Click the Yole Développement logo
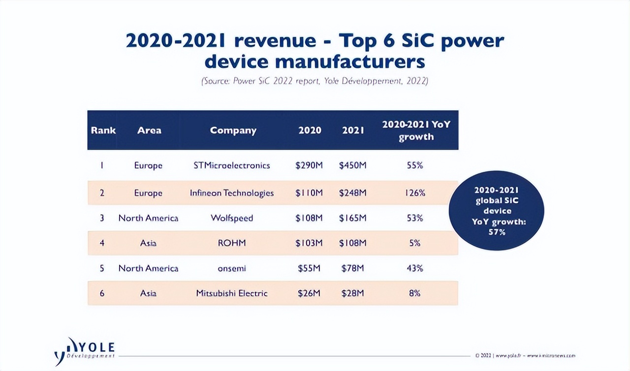pos(85,350)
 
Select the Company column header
pos(233,130)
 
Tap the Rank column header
pos(103,130)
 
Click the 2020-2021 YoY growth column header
pos(416,130)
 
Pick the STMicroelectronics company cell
pos(232,165)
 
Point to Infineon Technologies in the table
pos(232,193)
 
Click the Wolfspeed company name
pos(232,218)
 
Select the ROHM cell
pos(232,243)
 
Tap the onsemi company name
pos(232,268)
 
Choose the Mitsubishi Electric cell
pos(232,293)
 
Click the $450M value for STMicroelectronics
pos(352,165)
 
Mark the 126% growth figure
pos(415,193)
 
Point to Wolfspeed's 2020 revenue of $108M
pos(309,218)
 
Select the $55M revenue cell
pos(309,268)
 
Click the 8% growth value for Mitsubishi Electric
pos(414,293)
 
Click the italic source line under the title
pos(315,81)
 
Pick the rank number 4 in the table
pos(102,243)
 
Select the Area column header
pos(149,130)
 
